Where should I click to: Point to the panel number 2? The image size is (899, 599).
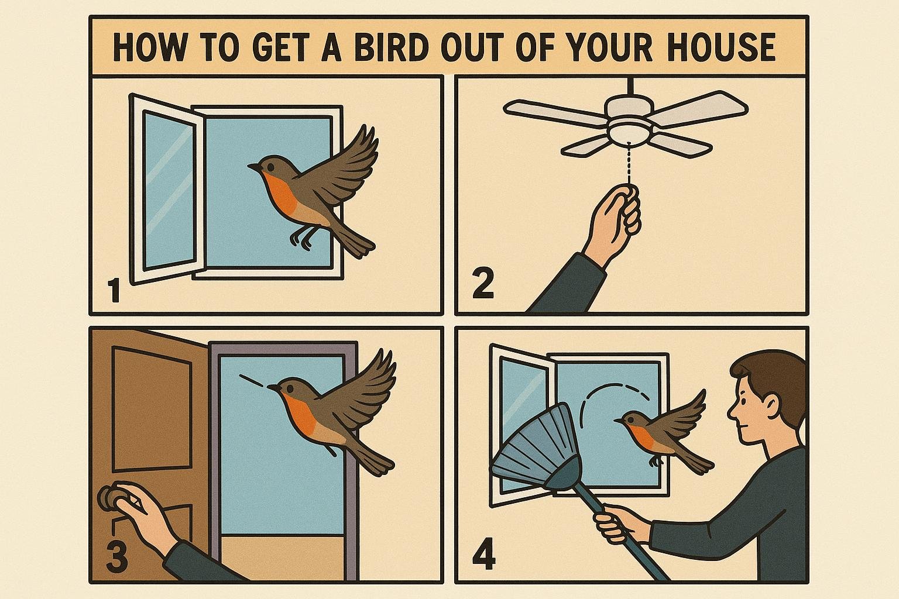[483, 284]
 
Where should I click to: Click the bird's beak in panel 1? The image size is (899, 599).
[253, 166]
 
